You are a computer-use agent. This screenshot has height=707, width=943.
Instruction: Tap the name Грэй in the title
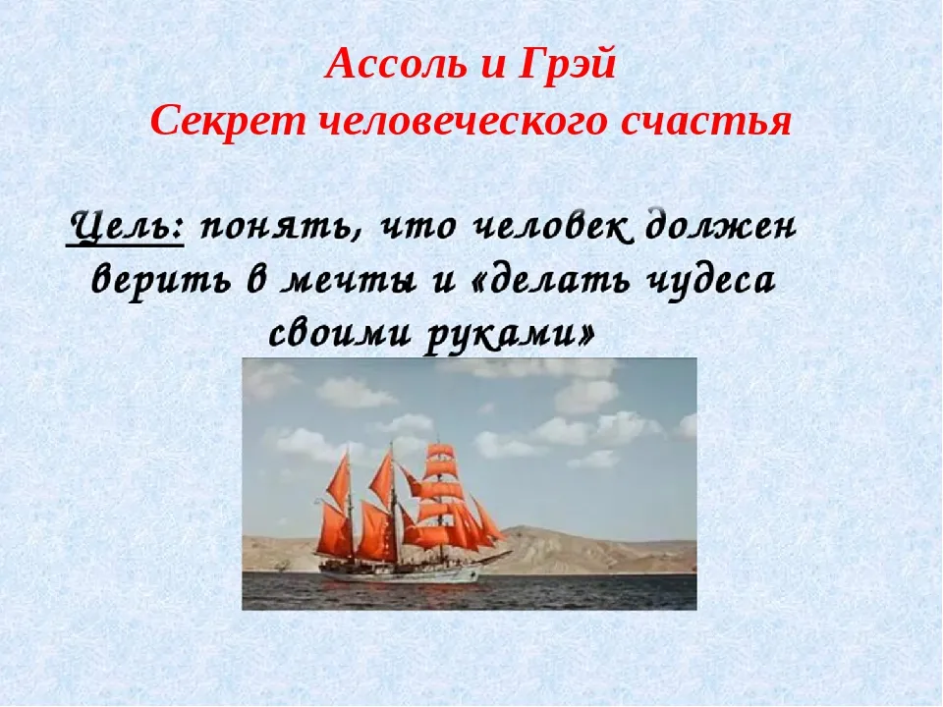tap(567, 65)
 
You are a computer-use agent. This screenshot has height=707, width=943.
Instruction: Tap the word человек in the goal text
tap(552, 227)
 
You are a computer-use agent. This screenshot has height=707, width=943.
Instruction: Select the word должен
tap(720, 227)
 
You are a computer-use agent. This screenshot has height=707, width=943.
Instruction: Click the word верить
tap(161, 281)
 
